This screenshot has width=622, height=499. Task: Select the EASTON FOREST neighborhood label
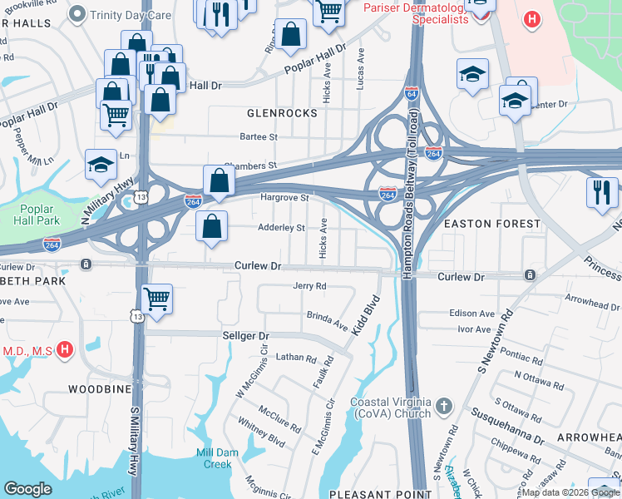click(x=492, y=224)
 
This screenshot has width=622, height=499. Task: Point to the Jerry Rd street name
click(x=309, y=286)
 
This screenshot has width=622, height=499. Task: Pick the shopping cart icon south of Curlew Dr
click(x=156, y=299)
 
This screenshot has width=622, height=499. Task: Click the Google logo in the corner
click(x=27, y=489)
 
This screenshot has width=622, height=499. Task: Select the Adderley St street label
click(x=282, y=227)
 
